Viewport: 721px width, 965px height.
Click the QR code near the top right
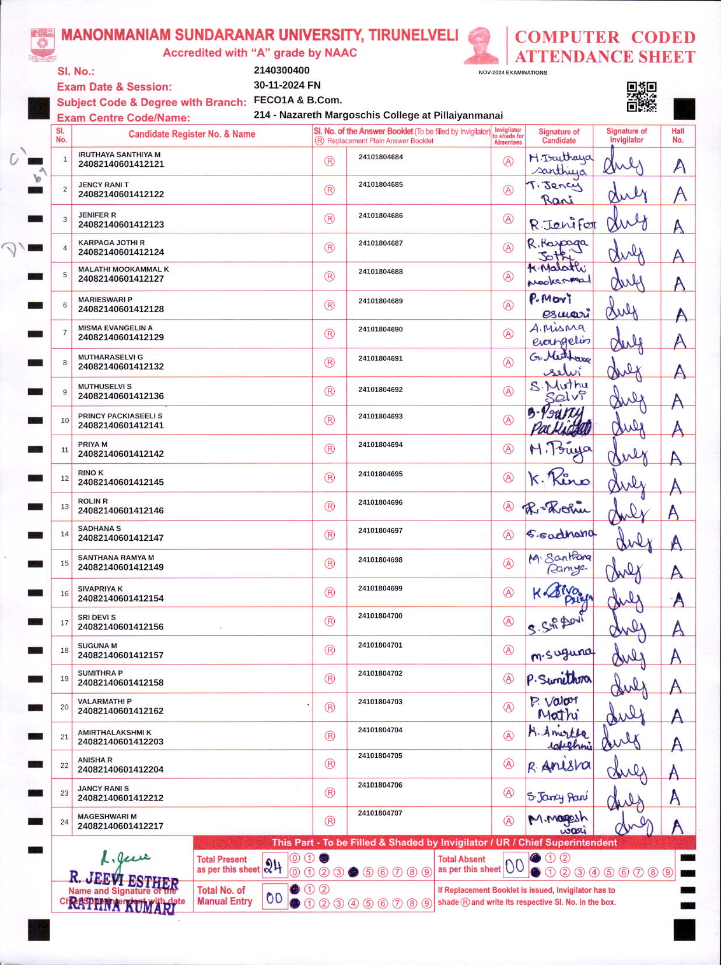[x=641, y=96]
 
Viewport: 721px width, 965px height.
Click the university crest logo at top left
[x=43, y=43]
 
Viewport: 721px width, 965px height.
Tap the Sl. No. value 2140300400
[x=282, y=71]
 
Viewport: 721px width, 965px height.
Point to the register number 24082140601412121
[x=121, y=165]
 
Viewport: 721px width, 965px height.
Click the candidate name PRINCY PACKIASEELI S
[x=120, y=416]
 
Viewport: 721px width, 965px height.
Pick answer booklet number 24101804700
[x=380, y=616]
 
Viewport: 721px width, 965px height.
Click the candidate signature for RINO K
[x=559, y=478]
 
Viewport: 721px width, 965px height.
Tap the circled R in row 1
[x=330, y=161]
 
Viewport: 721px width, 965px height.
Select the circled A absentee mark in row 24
[x=509, y=821]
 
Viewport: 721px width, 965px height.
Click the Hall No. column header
[x=677, y=135]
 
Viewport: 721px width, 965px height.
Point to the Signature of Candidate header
[x=559, y=135]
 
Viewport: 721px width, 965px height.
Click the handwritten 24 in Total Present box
[x=273, y=866]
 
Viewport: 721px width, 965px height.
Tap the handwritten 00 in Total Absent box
[x=514, y=866]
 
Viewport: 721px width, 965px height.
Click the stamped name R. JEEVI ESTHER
[x=124, y=879]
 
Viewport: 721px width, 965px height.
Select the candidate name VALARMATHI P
[x=105, y=701]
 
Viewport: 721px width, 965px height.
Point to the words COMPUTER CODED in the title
[x=605, y=37]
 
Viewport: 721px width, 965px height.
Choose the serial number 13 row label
[x=65, y=506]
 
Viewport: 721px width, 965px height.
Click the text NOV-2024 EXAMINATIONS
[x=513, y=73]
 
